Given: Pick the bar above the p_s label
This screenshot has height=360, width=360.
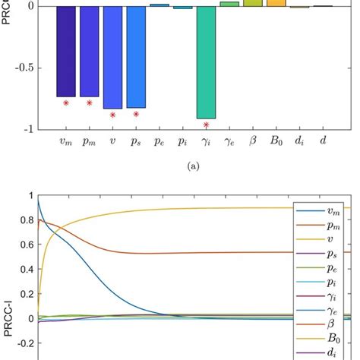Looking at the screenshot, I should (x=136, y=57).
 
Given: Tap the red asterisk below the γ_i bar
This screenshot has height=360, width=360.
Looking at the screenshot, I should (x=207, y=125).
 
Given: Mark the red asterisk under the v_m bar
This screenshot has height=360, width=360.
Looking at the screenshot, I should (x=66, y=103).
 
